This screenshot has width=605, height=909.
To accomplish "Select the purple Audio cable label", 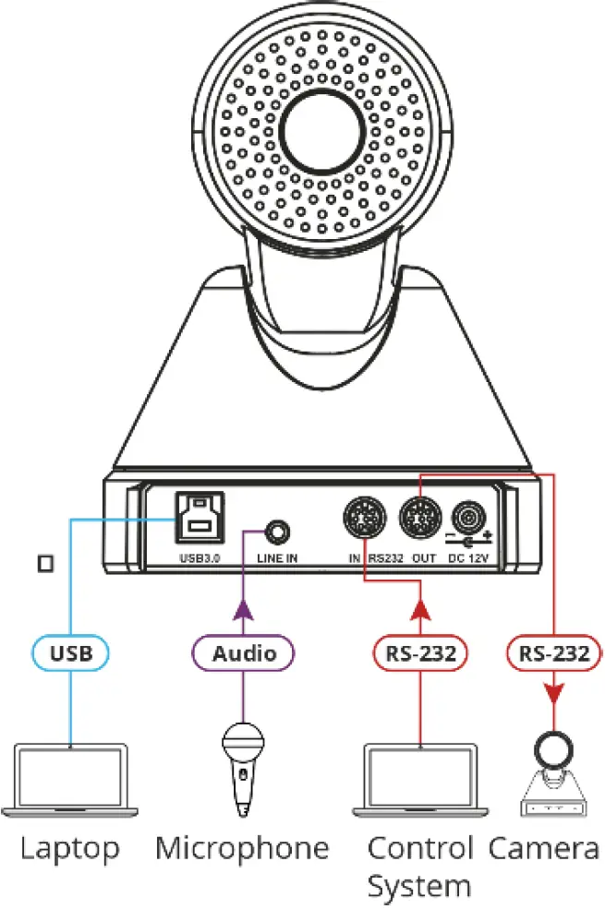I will [x=244, y=653].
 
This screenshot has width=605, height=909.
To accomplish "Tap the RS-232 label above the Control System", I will [x=419, y=653].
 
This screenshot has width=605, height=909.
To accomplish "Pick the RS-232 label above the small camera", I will [x=553, y=653].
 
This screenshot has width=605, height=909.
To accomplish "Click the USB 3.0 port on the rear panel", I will [x=200, y=521].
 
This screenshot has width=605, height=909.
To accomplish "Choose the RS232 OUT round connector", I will [x=420, y=520].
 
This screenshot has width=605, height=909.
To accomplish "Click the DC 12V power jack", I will [x=469, y=520].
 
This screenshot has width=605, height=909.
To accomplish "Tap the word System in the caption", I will [x=419, y=886].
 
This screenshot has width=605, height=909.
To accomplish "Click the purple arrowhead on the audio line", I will [x=244, y=609].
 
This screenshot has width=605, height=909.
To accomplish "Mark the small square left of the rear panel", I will [x=43, y=561].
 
